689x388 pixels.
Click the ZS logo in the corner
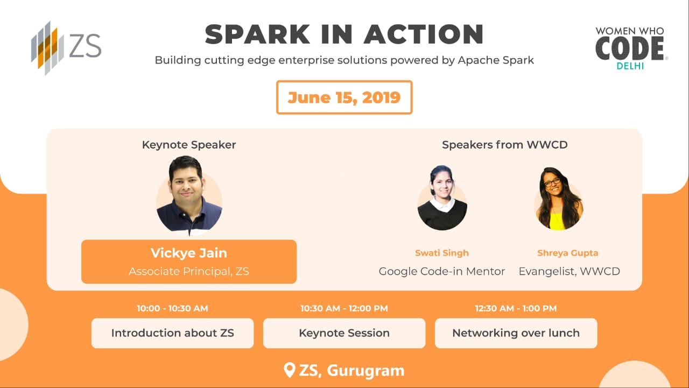point(66,48)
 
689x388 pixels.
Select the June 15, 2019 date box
point(344,97)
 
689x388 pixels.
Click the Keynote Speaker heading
point(189,145)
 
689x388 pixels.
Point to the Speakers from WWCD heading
point(504,145)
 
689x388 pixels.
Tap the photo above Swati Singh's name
point(442,199)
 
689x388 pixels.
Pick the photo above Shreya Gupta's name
point(558,199)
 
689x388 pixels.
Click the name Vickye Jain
point(189,253)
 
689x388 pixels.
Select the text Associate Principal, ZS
point(189,271)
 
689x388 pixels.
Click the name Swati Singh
point(442,253)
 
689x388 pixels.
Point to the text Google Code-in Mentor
point(442,271)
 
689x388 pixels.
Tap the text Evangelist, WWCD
point(569,271)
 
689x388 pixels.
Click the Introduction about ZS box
point(172,333)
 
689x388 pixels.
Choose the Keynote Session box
point(344,333)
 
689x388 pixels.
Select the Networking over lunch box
point(516,333)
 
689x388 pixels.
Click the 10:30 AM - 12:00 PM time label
point(344,308)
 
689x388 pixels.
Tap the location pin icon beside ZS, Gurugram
point(290,370)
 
